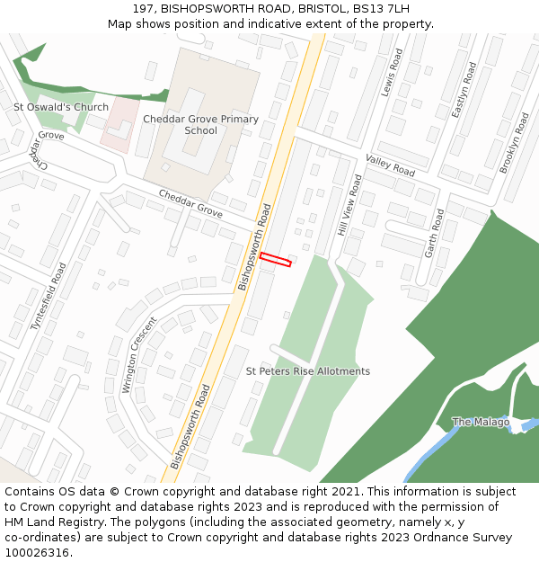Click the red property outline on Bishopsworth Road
click(x=276, y=260)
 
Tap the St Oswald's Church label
click(x=61, y=107)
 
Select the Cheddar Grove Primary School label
click(x=200, y=125)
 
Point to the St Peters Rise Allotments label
click(x=308, y=371)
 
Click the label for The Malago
click(x=481, y=422)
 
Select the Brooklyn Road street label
click(x=514, y=143)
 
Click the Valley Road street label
click(x=390, y=165)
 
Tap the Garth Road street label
click(x=434, y=233)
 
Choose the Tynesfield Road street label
click(x=49, y=297)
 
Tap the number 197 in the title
click(x=144, y=8)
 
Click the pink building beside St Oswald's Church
click(x=119, y=124)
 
